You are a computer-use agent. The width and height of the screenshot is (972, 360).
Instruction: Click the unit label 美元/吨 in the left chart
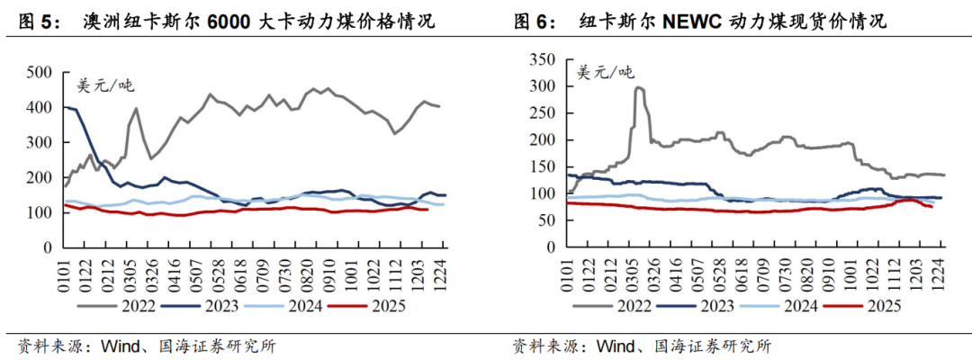click(x=105, y=85)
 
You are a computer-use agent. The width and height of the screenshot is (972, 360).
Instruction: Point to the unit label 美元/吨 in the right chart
click(x=604, y=73)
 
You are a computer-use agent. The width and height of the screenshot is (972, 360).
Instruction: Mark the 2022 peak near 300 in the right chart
click(x=638, y=88)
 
